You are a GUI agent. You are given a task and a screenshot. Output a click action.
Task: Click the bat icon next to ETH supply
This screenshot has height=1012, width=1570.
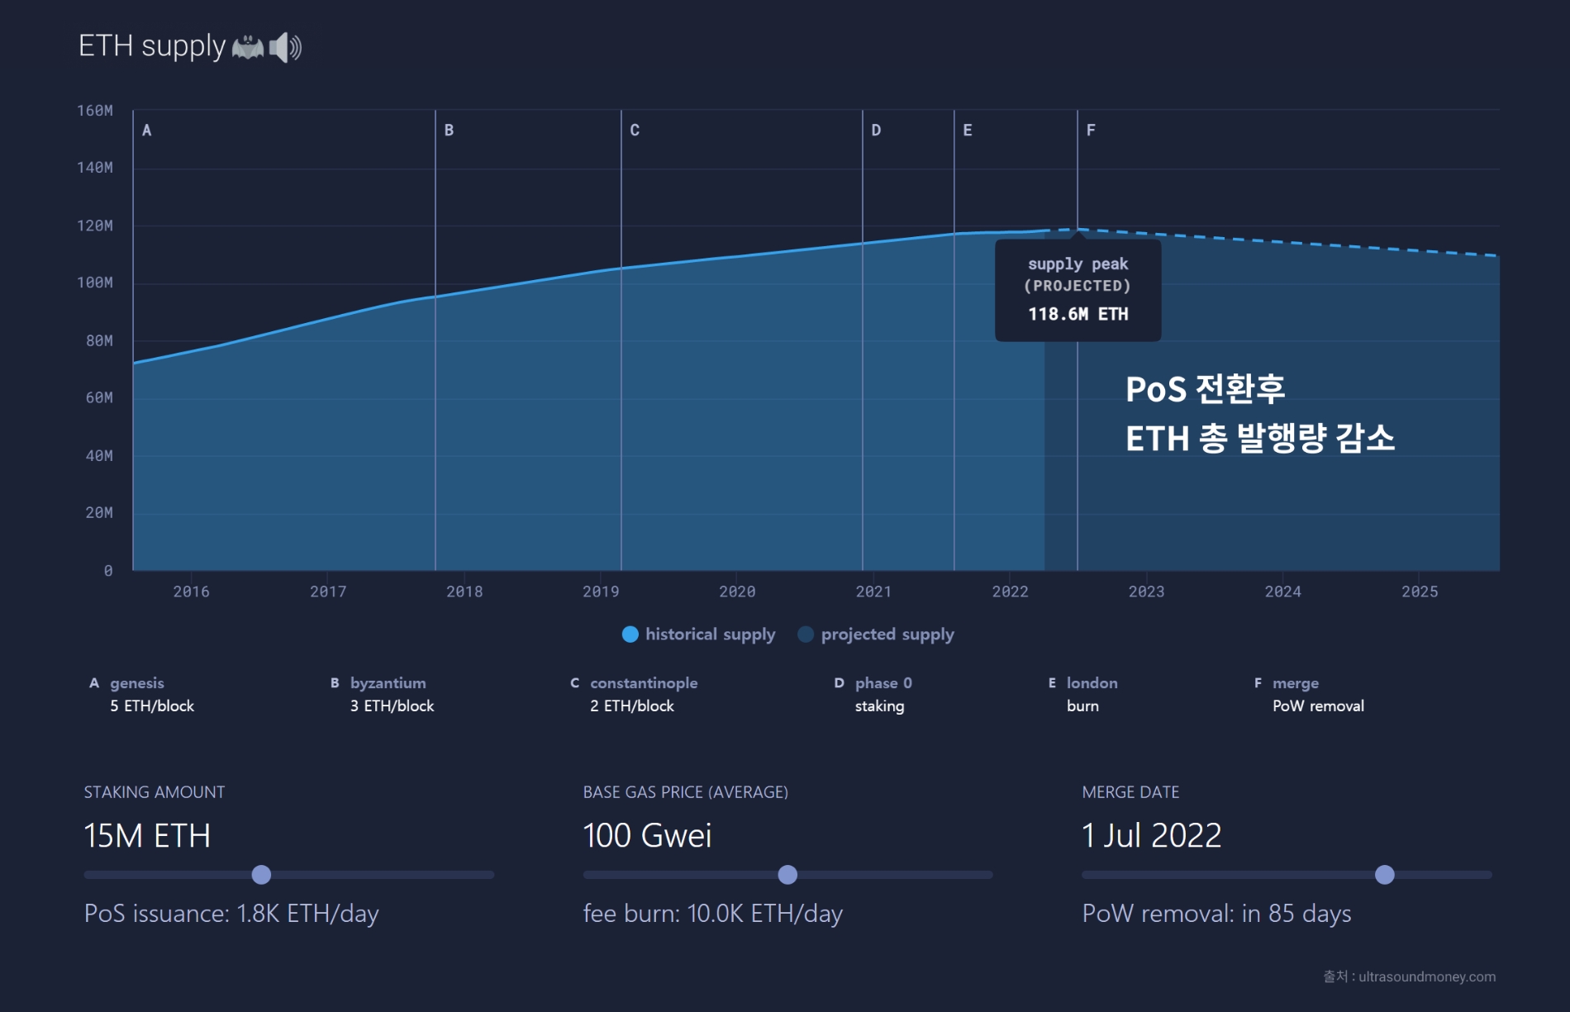tap(248, 47)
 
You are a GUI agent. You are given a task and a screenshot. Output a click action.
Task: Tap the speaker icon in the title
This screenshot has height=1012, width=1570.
tap(286, 47)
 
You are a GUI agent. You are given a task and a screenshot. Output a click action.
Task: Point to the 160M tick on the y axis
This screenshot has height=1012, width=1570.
tap(95, 111)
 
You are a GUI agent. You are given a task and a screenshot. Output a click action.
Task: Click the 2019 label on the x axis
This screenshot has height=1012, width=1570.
tap(601, 592)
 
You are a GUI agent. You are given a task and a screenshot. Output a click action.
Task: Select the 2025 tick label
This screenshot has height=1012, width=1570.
tap(1420, 592)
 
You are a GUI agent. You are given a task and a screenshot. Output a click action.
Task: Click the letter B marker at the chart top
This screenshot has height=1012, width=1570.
tap(449, 131)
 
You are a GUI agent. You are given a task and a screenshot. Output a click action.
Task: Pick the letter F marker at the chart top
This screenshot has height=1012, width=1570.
tap(1091, 131)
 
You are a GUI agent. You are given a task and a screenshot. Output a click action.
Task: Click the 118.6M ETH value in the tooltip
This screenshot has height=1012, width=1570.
tap(1078, 314)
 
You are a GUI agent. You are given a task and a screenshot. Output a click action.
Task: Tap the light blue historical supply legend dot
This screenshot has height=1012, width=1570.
tap(630, 634)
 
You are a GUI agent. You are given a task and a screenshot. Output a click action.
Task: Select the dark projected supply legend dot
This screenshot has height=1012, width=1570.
tap(806, 634)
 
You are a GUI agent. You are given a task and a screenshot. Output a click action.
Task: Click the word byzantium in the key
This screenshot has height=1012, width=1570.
tap(388, 683)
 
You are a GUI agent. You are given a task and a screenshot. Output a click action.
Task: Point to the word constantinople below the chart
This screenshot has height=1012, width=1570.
tap(644, 683)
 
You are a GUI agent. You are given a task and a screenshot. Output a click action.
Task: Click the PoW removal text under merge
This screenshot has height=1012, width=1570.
tap(1318, 706)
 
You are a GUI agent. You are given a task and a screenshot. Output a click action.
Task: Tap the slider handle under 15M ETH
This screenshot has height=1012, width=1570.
tap(261, 875)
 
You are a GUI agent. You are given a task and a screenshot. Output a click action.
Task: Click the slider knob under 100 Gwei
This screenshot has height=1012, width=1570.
tap(787, 875)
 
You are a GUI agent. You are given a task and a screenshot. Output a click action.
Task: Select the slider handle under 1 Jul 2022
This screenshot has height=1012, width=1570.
tap(1385, 875)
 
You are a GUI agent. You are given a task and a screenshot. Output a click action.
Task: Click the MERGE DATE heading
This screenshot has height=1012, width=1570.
tap(1130, 792)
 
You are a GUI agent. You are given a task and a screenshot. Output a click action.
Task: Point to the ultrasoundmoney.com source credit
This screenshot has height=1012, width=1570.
tap(1426, 976)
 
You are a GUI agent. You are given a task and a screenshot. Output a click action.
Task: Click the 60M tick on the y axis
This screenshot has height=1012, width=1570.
tap(99, 398)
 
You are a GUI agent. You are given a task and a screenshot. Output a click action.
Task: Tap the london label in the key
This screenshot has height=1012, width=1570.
tap(1092, 683)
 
